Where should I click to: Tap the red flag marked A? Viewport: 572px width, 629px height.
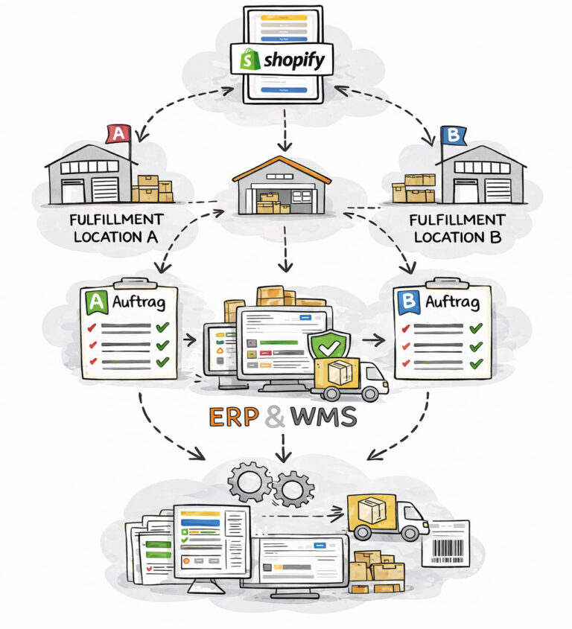click(x=118, y=133)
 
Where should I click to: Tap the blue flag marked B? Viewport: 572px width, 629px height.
click(x=451, y=135)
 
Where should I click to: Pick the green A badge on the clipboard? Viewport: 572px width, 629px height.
click(x=95, y=301)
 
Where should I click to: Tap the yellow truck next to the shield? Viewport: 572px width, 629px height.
click(x=350, y=376)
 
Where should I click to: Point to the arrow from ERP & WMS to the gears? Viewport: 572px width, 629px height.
click(x=282, y=447)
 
